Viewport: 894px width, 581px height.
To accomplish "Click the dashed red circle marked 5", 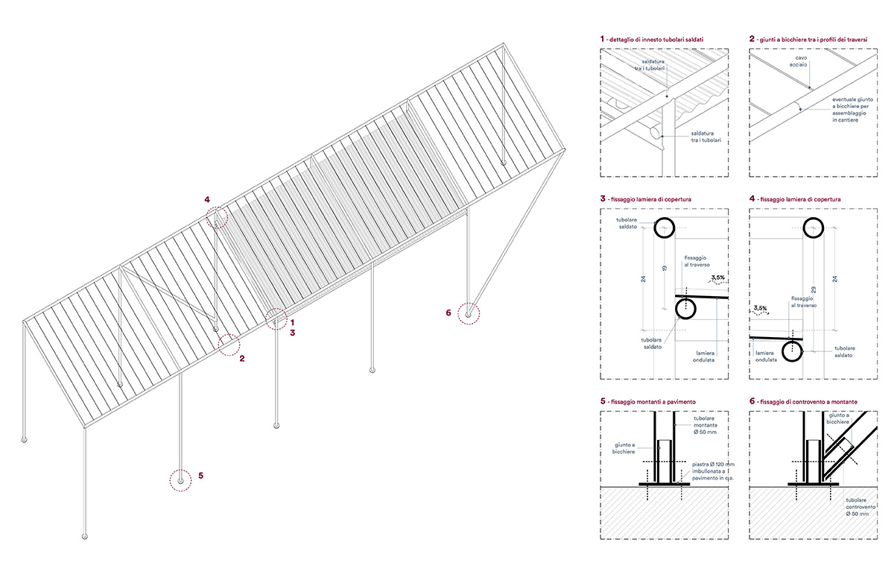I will pyautogui.click(x=180, y=481).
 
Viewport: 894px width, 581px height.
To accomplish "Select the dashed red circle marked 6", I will pyautogui.click(x=469, y=314).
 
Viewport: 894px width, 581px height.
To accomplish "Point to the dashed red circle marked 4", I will pyautogui.click(x=218, y=217).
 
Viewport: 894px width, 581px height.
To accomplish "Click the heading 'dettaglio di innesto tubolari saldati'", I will pyautogui.click(x=656, y=38).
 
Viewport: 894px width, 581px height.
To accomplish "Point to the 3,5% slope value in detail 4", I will pyautogui.click(x=761, y=308).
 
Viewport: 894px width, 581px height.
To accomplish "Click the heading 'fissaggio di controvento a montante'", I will pyautogui.click(x=808, y=402).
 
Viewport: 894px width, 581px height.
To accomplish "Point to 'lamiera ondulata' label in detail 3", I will pyautogui.click(x=705, y=356).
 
